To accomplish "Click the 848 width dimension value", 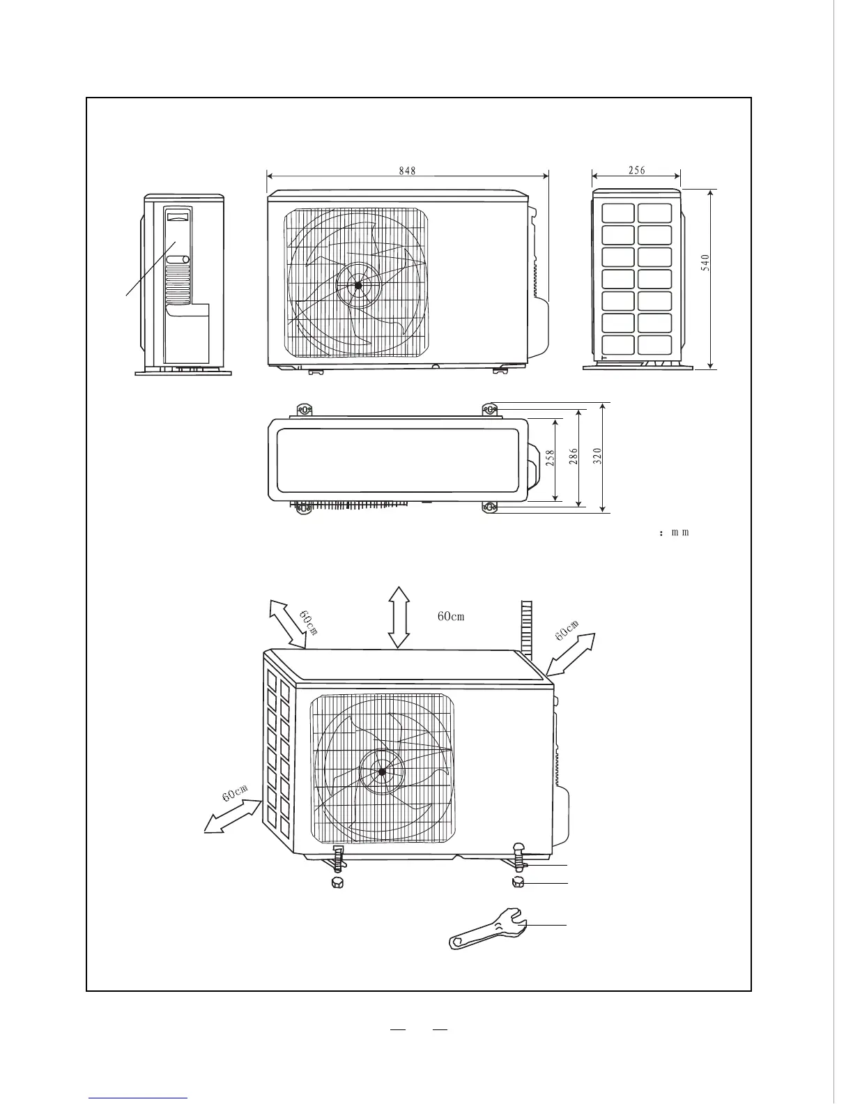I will (408, 171).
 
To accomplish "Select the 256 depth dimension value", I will (636, 170).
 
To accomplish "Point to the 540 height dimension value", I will (705, 262).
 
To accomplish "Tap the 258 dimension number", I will (550, 457).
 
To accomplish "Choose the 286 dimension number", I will (574, 457).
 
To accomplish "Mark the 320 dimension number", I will (597, 456).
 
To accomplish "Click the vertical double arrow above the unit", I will (399, 617).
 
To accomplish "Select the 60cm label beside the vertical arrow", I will (451, 616).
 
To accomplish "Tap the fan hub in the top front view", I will (358, 285).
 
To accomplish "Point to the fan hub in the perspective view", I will (382, 772).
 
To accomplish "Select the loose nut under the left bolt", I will (337, 883).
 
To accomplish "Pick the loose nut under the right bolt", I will (518, 883).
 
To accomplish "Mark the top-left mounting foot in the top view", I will (305, 409).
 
